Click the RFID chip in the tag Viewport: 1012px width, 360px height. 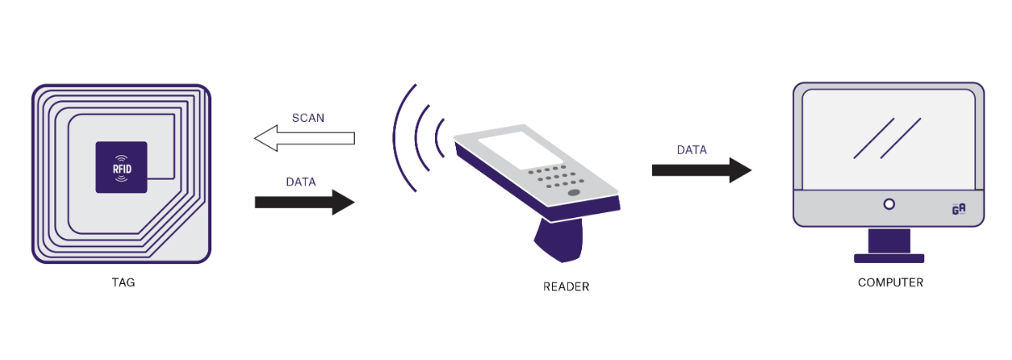tap(122, 167)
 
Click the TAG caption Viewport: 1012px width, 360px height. tap(122, 282)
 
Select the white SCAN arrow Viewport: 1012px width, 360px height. tap(304, 138)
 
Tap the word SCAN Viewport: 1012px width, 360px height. tap(308, 118)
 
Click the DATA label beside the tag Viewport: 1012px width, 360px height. tap(301, 181)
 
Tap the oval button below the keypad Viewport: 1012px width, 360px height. tap(574, 193)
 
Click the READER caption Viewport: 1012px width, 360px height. tap(565, 286)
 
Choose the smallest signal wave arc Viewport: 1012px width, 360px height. tap(440, 138)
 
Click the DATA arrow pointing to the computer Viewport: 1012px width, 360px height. tap(701, 170)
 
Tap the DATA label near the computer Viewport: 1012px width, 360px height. tap(691, 150)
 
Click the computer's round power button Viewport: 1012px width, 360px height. tap(889, 204)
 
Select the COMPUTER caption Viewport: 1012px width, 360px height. tap(890, 282)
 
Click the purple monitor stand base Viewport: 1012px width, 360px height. tap(889, 258)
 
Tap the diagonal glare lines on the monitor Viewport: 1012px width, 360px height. tap(887, 138)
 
